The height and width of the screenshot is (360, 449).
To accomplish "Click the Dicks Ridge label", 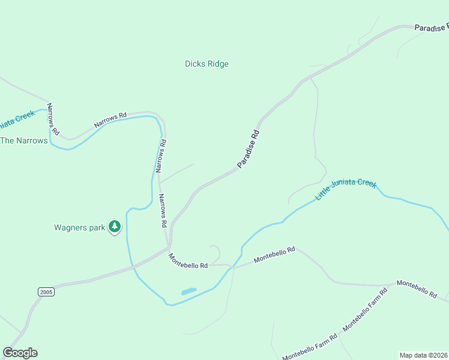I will click(206, 64).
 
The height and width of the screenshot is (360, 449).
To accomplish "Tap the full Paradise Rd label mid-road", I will click(248, 149).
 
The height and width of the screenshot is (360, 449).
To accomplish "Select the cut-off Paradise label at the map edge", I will click(432, 28).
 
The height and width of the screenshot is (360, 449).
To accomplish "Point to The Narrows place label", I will click(23, 140).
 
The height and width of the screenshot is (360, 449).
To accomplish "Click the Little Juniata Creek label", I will click(346, 190).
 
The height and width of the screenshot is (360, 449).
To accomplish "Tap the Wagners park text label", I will click(79, 227).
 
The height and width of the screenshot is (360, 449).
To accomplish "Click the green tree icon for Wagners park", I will click(115, 227).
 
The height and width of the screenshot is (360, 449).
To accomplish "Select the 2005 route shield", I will click(46, 292).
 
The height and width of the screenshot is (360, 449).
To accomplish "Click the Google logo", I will click(20, 353).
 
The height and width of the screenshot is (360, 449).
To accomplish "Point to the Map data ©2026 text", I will click(424, 355).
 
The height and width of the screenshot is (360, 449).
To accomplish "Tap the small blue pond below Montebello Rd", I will click(188, 292).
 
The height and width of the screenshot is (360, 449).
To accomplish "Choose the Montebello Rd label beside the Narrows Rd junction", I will click(188, 260).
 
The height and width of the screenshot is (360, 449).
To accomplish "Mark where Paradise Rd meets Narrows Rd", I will click(170, 245).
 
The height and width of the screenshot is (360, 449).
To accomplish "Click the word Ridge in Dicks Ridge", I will click(218, 64).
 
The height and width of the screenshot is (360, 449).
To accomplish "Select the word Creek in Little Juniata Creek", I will click(366, 182).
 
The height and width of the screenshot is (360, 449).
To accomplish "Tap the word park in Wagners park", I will click(96, 227).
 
